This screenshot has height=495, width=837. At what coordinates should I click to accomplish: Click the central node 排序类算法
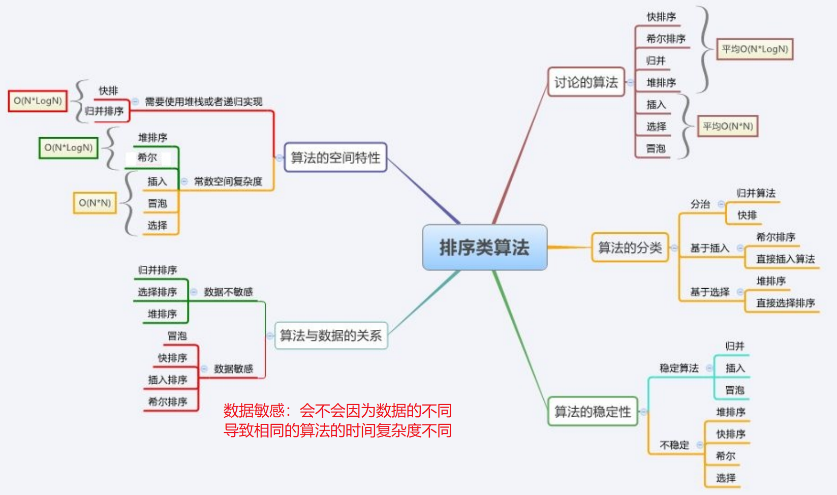coord(484,247)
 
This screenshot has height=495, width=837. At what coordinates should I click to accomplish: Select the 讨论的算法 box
coord(586,82)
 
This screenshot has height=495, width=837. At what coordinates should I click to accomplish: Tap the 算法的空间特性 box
coord(335,158)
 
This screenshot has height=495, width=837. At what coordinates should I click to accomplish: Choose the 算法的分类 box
coord(630,247)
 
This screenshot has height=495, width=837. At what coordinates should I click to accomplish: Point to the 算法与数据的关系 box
coord(331,335)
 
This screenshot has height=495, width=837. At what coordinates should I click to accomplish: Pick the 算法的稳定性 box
coord(593,411)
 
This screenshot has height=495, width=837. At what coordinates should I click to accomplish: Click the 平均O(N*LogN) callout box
coord(755,49)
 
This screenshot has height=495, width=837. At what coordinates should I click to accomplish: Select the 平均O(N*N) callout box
coord(727,126)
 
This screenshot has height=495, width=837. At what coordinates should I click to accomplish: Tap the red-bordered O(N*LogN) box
coord(38,101)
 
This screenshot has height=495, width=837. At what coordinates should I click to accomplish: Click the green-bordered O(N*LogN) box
coord(69,147)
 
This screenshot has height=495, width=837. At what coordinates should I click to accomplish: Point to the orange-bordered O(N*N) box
coord(95,203)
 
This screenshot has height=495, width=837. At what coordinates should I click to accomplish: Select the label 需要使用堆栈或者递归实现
coord(204,102)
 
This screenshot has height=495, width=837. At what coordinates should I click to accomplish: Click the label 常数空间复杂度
coord(228,181)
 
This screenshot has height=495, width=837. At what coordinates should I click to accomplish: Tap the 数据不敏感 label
coord(228,292)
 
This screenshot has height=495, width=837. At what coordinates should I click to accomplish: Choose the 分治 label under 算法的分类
coord(700,204)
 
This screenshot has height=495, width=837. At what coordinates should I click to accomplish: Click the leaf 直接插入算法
coord(785,259)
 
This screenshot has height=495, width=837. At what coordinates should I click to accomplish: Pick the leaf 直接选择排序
coord(785,303)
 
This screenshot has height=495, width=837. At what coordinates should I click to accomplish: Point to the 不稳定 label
coord(674,445)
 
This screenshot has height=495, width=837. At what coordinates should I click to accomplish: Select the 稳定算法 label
coord(679,368)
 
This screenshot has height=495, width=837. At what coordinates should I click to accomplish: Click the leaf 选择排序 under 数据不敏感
coord(158,292)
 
